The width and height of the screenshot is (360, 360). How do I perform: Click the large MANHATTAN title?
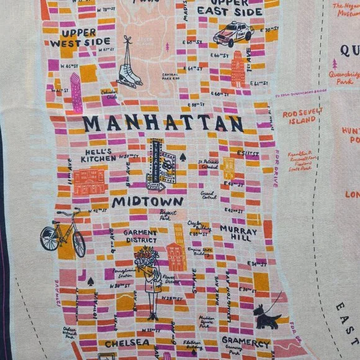(x=163, y=123)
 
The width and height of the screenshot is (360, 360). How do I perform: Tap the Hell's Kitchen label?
(x=99, y=155)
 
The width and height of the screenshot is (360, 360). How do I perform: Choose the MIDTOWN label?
(x=148, y=202)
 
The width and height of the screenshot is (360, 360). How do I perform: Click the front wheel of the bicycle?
(x=78, y=242)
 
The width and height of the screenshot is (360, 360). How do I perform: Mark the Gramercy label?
(x=245, y=343)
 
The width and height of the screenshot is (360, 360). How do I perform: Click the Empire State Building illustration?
(x=177, y=248)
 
